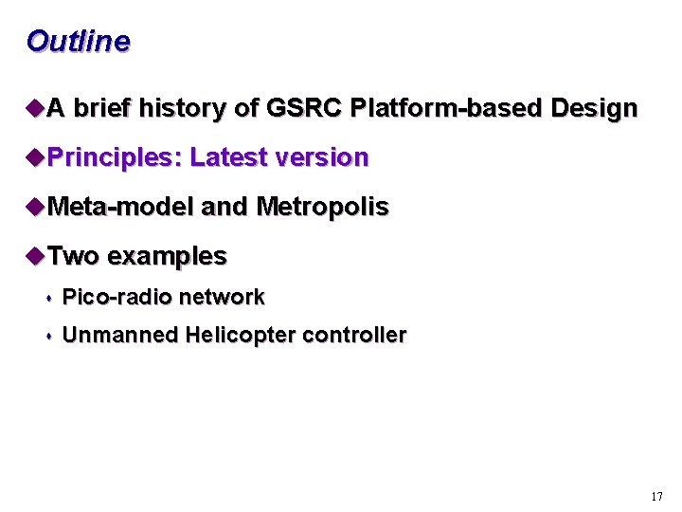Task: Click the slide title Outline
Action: [78, 42]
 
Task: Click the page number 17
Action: [657, 497]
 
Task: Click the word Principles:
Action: [114, 158]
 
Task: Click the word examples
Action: [167, 257]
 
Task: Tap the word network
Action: [222, 298]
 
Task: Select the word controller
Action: [354, 336]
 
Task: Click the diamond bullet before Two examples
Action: [35, 256]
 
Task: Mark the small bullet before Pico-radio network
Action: [48, 299]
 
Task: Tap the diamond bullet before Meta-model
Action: [35, 207]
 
